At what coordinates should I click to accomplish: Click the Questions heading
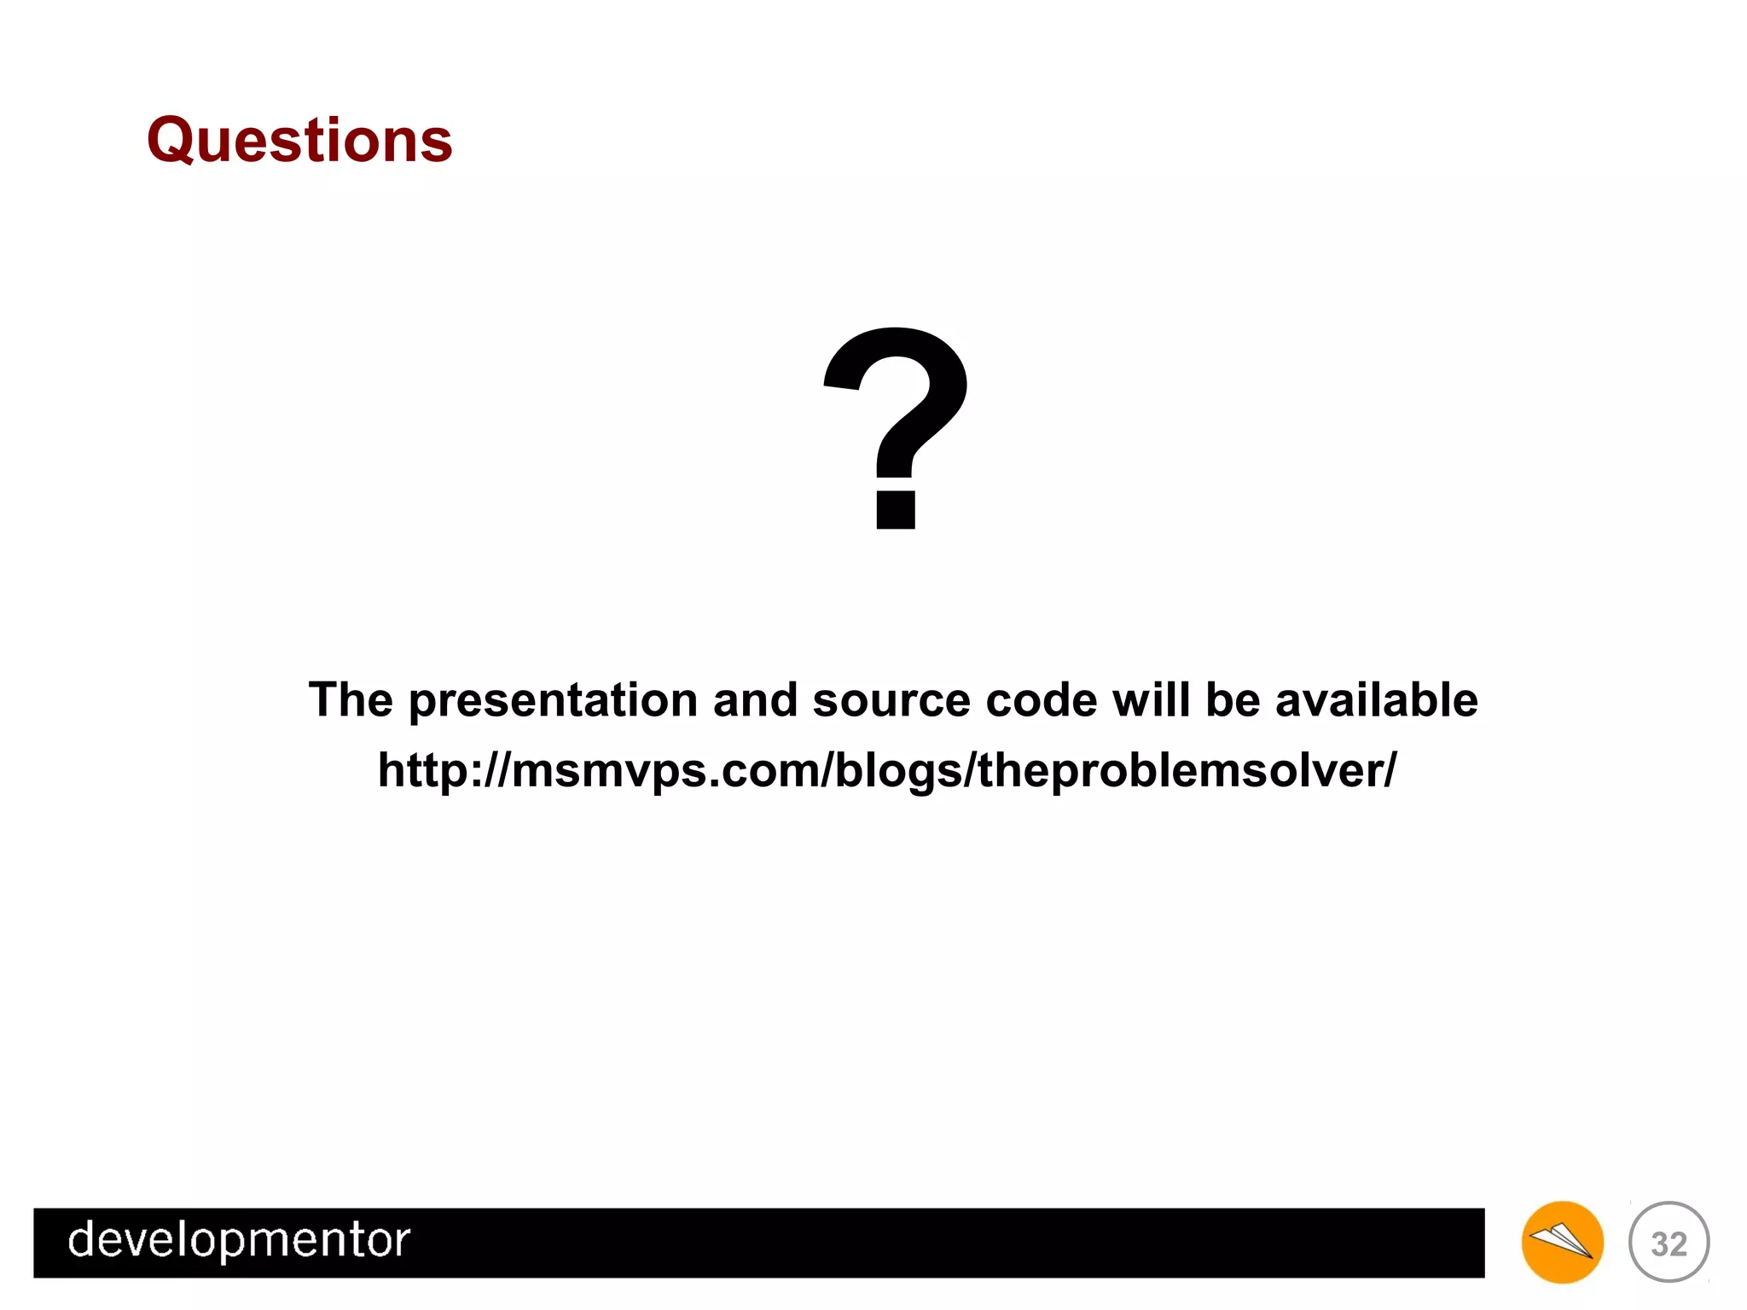(x=299, y=140)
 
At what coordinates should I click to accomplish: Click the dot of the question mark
(x=896, y=509)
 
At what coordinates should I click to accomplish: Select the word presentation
(x=554, y=701)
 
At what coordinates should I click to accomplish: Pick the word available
(x=1376, y=701)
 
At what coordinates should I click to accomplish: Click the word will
(x=1151, y=701)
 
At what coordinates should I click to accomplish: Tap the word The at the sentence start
(x=351, y=701)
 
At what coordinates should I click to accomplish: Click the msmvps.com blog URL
(x=887, y=771)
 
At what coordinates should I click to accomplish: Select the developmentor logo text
(x=239, y=1241)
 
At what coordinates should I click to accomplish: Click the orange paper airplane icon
(x=1562, y=1242)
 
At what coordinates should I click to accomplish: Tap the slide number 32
(x=1669, y=1243)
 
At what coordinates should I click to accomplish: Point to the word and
(x=755, y=701)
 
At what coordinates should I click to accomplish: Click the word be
(x=1233, y=701)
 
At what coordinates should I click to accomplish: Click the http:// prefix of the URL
(x=444, y=771)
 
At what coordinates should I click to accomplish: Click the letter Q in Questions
(x=175, y=141)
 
